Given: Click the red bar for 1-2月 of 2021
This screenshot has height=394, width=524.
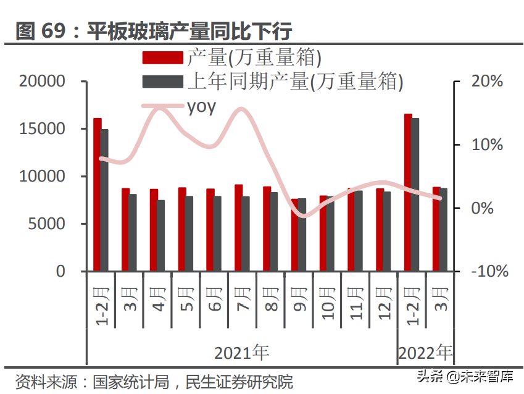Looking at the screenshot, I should point(97,195).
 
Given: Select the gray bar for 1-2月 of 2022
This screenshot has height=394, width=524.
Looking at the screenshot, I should point(415,195).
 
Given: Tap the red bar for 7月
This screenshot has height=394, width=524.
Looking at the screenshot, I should point(238,228).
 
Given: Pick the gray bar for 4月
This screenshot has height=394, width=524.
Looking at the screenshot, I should point(161,235).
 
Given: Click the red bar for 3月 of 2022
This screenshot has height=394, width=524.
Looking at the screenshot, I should point(436,229).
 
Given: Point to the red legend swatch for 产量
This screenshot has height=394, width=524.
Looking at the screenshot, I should point(163,58).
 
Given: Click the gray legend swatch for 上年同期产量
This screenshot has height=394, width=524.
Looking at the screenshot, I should point(163,82).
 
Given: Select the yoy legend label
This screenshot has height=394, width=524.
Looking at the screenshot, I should point(201,106).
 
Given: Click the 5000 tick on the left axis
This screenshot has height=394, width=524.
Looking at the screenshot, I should point(46,224).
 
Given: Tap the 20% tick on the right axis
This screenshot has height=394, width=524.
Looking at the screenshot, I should point(488,82).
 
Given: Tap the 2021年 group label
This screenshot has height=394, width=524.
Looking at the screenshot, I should point(241,353).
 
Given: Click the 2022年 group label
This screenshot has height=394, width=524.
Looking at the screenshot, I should point(425,353).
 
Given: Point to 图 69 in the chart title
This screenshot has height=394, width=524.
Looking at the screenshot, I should point(41,31).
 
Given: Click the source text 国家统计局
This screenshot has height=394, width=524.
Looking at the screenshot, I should point(131,382).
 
